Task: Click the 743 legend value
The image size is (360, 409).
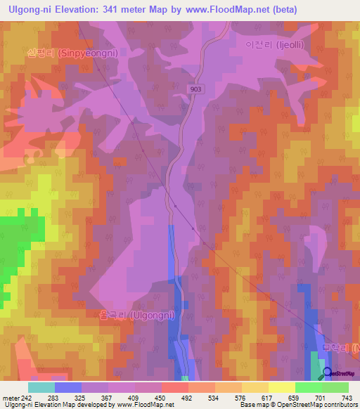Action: [x=347, y=398]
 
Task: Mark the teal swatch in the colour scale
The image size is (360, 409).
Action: [x=41, y=387]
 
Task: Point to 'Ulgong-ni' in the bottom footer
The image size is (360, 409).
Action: [x=17, y=405]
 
